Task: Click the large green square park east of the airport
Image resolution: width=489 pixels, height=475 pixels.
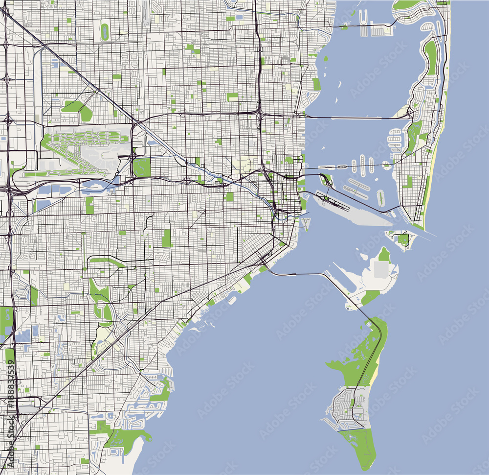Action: [142, 167]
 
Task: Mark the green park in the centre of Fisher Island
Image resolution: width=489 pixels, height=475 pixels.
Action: [402, 239]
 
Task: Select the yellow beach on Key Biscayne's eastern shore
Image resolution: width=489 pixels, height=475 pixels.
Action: [374, 377]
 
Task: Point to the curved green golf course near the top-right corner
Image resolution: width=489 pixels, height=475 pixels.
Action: [430, 56]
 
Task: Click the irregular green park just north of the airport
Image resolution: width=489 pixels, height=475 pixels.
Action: [78, 110]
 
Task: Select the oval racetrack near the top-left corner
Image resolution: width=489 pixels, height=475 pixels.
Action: [104, 32]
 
